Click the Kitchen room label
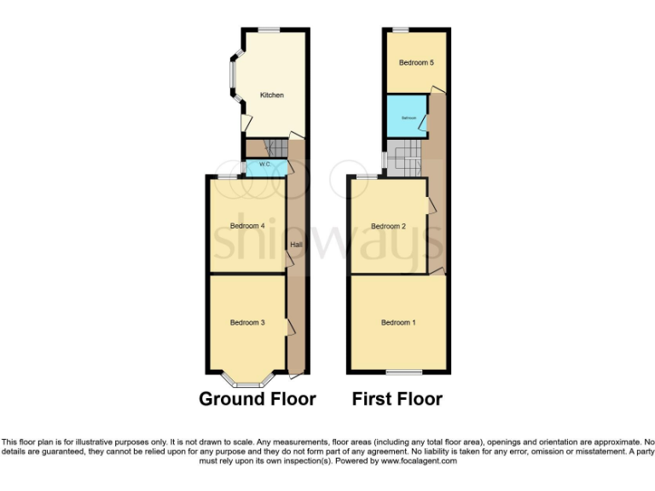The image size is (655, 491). [271, 95]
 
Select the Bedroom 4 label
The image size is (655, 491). [247, 226]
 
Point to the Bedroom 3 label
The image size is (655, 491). [247, 322]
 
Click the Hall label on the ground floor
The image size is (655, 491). [296, 245]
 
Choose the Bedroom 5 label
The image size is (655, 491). [416, 62]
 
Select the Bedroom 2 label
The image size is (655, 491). [387, 226]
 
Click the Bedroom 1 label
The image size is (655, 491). [398, 322]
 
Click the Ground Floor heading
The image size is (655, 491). [258, 399]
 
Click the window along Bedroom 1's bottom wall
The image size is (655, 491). [403, 372]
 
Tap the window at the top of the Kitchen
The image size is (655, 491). [270, 30]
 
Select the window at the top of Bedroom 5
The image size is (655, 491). [399, 30]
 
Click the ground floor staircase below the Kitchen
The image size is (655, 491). [272, 148]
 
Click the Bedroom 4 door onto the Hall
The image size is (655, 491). [289, 257]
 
